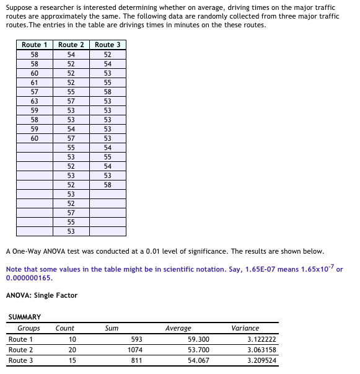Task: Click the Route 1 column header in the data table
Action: point(35,45)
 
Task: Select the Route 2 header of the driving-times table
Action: point(71,45)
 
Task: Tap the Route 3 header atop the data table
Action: point(108,45)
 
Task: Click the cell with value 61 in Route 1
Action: point(35,82)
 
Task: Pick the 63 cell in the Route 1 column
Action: point(35,100)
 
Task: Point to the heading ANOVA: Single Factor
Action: point(42,295)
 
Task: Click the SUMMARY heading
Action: point(25,317)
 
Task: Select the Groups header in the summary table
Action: point(29,328)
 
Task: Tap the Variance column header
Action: point(245,328)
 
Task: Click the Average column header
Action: point(178,328)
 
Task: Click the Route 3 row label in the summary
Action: point(21,360)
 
